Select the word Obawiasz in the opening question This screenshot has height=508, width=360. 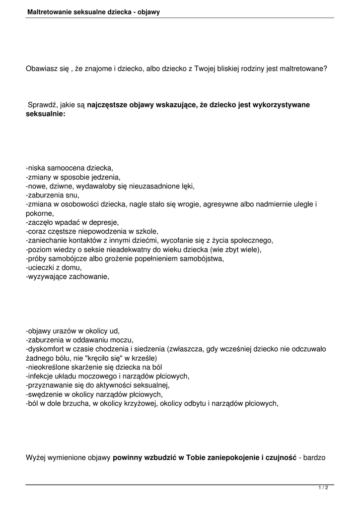coord(42,69)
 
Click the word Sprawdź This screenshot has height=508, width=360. coord(42,105)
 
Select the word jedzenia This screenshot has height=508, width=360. coord(107,177)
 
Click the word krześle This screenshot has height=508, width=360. coord(144,358)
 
